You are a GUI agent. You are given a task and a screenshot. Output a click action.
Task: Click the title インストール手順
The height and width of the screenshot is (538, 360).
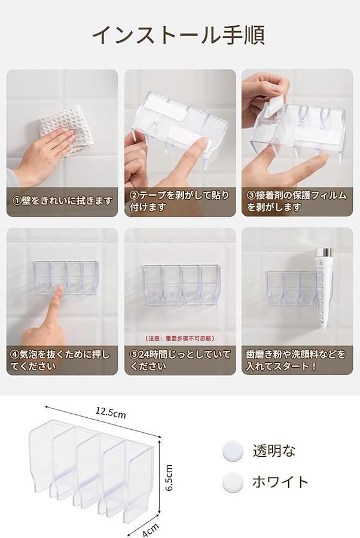click(178, 35)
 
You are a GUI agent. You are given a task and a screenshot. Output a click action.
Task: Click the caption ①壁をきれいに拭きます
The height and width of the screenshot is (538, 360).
click(62, 201)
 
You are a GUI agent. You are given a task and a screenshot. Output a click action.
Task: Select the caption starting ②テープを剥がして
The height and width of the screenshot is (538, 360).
click(179, 201)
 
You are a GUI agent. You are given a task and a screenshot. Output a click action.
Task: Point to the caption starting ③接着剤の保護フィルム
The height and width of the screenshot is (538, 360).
click(297, 201)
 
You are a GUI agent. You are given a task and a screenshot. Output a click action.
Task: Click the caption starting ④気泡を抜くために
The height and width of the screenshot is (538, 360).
click(60, 360)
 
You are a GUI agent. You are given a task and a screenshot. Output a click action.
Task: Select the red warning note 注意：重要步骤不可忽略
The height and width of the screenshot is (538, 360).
click(180, 338)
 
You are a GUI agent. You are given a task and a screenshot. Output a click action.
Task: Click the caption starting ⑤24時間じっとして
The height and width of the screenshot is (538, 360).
click(180, 360)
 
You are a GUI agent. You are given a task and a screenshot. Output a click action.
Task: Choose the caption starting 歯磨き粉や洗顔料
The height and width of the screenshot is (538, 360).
click(295, 360)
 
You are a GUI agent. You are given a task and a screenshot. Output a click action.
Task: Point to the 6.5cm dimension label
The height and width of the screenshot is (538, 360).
click(169, 478)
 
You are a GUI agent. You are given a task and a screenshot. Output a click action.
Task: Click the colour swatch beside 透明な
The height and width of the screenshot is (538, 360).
click(233, 451)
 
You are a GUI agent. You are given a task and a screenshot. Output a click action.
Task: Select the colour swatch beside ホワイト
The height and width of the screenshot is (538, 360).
click(233, 482)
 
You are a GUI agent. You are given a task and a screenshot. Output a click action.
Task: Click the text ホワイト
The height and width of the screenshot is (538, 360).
click(280, 482)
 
